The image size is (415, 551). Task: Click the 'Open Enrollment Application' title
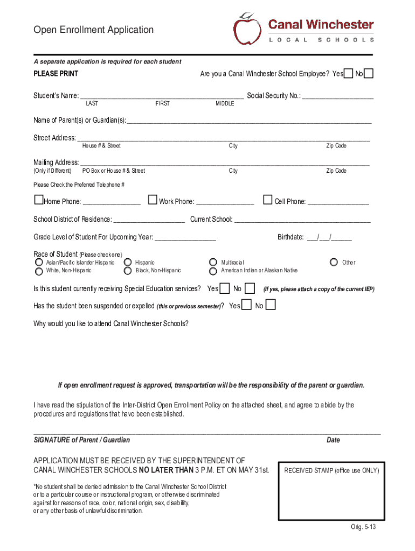tap(93, 30)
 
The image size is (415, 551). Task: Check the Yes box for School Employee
tap(349, 74)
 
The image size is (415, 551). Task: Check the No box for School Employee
tap(369, 74)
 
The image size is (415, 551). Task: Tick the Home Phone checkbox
tap(38, 200)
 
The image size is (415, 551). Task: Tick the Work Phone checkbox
tap(153, 200)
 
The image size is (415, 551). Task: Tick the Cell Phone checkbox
tap(267, 200)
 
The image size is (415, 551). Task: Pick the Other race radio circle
tap(333, 263)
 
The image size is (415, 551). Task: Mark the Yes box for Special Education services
tap(225, 289)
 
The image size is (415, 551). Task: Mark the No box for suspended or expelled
tap(271, 306)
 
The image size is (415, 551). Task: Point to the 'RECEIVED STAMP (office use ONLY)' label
tap(331, 471)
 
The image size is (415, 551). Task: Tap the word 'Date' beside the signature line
tap(333, 440)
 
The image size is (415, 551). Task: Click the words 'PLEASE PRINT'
tap(56, 74)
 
